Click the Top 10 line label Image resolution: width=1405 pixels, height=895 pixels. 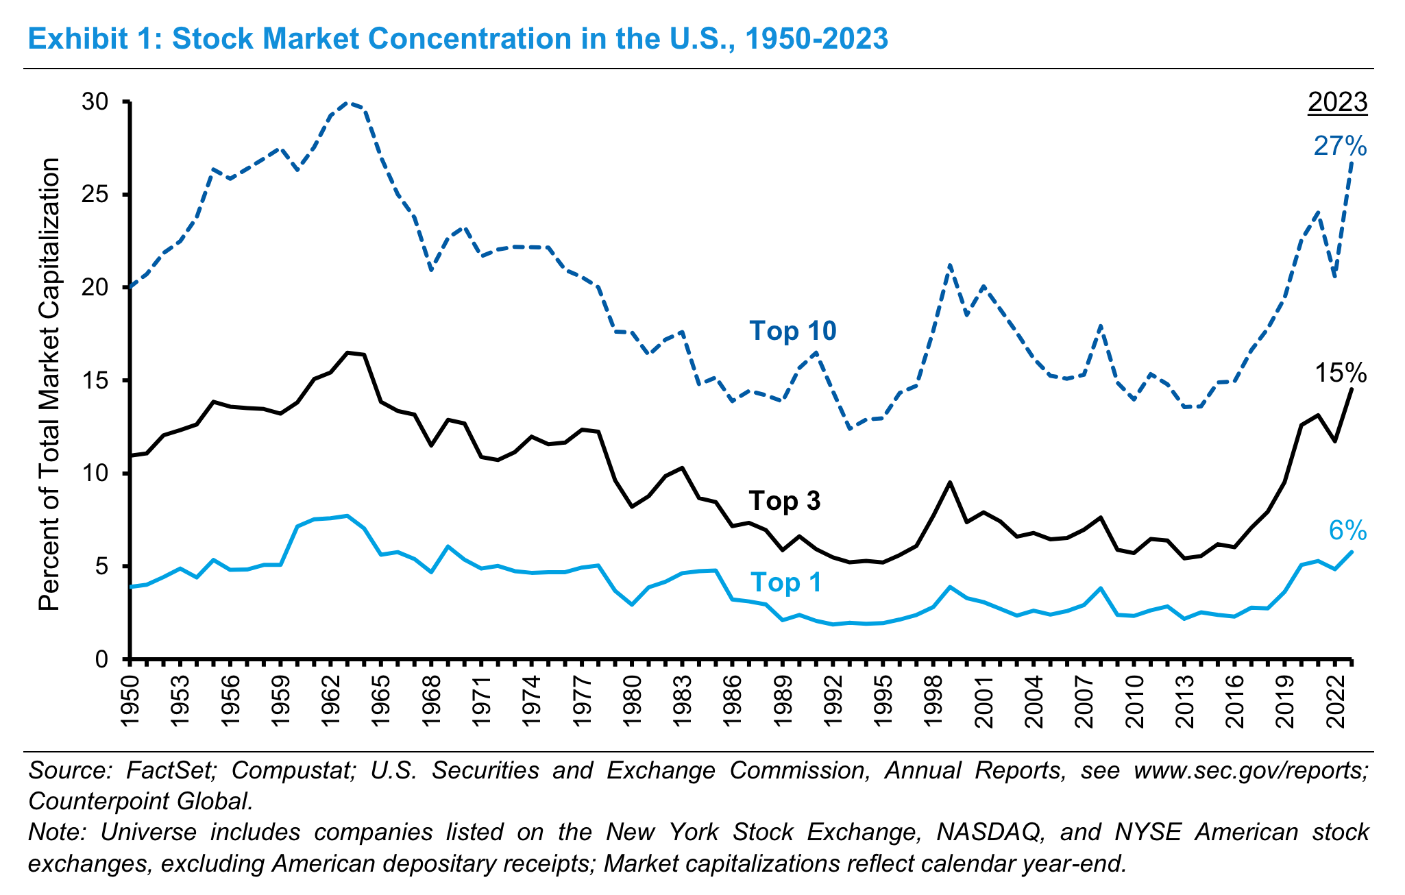pos(793,331)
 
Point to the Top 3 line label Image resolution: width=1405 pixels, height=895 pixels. pos(785,501)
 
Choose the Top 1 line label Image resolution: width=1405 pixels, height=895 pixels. pos(785,583)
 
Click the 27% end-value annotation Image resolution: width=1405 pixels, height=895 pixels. pos(1340,147)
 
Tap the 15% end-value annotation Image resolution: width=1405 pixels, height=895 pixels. pos(1340,373)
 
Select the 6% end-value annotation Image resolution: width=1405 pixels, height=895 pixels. pos(1347,530)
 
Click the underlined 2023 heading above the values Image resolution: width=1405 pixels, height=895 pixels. pos(1337,103)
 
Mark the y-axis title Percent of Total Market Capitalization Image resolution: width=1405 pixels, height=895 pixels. pos(49,384)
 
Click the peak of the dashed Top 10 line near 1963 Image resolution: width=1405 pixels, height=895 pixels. pos(347,103)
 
